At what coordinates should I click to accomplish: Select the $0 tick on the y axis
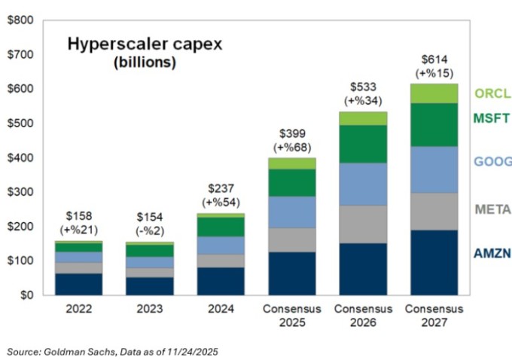tap(25, 295)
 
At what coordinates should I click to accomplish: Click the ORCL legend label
tap(493, 94)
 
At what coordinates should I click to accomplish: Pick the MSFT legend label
tap(493, 118)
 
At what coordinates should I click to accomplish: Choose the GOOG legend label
tap(493, 161)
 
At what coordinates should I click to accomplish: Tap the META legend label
tap(493, 209)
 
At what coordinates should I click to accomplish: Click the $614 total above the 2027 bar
tap(434, 59)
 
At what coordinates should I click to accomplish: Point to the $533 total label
tap(363, 87)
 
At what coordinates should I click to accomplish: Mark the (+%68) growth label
tap(291, 148)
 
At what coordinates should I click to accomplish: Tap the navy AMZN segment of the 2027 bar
tap(434, 262)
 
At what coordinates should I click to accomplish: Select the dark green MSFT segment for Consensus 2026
tap(363, 144)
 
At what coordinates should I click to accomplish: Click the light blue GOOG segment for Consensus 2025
tap(291, 211)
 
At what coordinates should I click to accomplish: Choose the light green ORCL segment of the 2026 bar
tap(363, 118)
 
